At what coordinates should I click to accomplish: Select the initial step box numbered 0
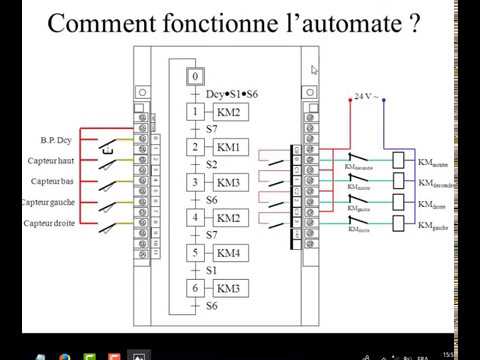pyautogui.click(x=197, y=76)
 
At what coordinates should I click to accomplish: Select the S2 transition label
pyautogui.click(x=211, y=165)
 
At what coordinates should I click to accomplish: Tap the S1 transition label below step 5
pyautogui.click(x=211, y=270)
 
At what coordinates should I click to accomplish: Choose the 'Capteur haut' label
pyautogui.click(x=47, y=160)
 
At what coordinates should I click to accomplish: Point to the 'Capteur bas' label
pyautogui.click(x=49, y=181)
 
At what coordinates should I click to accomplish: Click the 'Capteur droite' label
pyautogui.click(x=45, y=224)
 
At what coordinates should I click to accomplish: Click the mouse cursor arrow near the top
pyautogui.click(x=315, y=70)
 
